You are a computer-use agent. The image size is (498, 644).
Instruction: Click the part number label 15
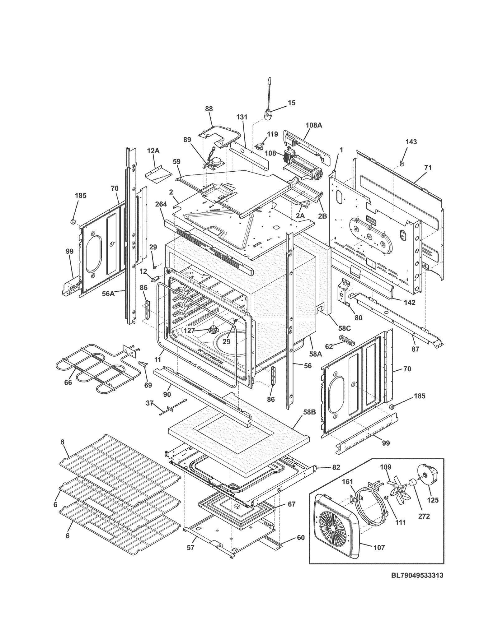pos(291,103)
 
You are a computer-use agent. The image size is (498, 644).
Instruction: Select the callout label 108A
pos(313,125)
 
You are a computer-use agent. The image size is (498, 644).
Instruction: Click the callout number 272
pos(424,516)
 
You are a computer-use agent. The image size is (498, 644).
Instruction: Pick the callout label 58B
pos(309,412)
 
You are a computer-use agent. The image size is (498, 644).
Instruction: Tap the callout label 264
pos(161,204)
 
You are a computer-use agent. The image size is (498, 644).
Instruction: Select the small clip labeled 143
pos(402,163)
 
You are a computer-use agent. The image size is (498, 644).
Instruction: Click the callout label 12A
pos(153,151)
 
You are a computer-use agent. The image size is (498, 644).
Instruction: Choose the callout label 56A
pos(108,293)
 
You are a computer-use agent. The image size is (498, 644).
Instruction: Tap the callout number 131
pos(242,117)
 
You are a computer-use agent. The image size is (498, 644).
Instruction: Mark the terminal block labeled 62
pos(346,339)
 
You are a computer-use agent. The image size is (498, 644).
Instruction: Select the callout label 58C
pos(344,328)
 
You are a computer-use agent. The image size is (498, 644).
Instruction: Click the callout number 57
pos(190,547)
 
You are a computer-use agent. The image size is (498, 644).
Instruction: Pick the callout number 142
pos(410,303)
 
